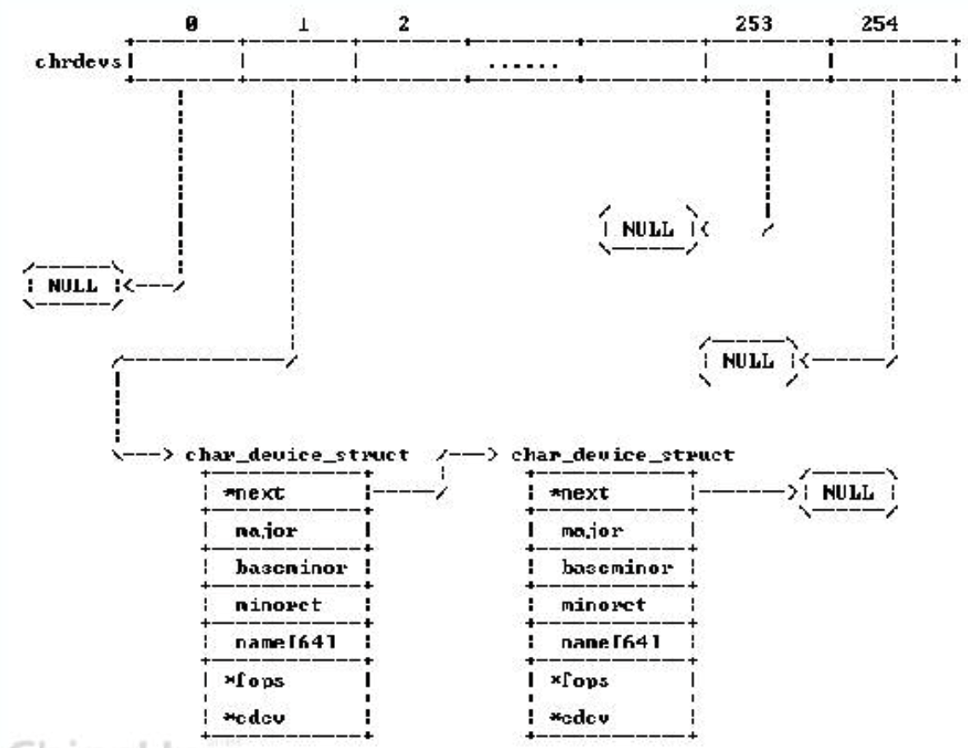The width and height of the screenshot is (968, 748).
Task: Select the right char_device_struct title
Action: pos(621,455)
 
